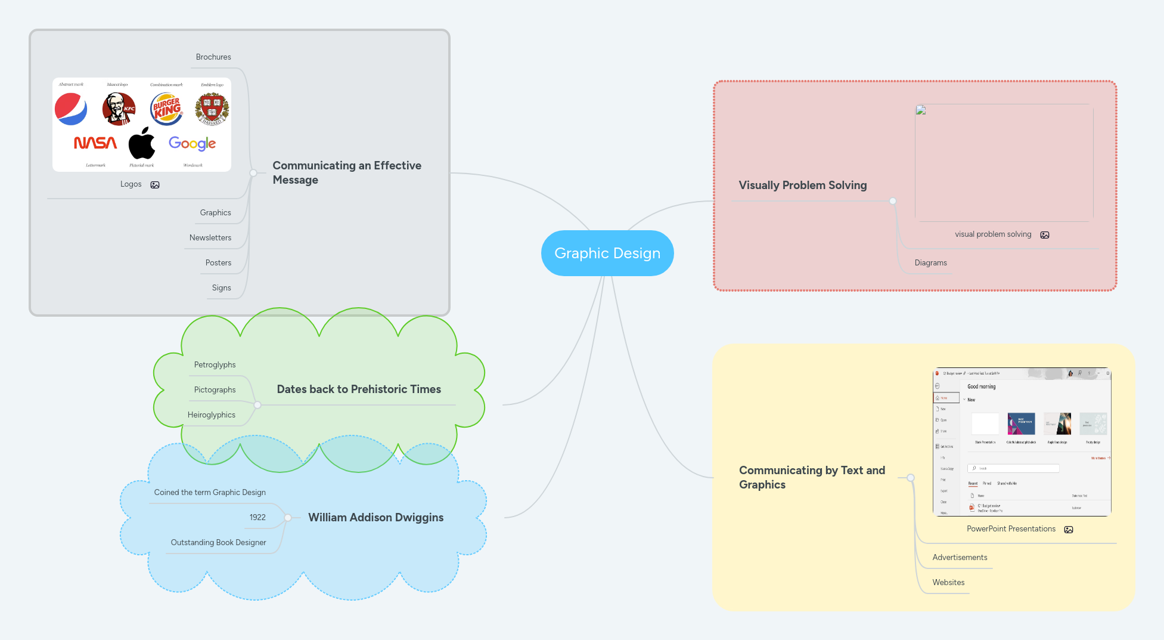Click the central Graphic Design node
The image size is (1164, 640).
click(x=607, y=253)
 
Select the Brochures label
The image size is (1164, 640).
click(x=213, y=57)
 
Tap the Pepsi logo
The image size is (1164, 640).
click(x=71, y=109)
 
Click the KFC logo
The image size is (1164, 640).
click(x=119, y=109)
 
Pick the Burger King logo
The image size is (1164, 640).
click(x=166, y=109)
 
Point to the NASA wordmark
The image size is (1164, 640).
click(x=95, y=143)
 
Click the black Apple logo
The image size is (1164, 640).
click(x=142, y=143)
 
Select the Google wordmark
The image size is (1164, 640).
click(x=192, y=143)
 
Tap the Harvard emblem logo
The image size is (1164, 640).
click(x=212, y=109)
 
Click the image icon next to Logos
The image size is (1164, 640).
click(x=155, y=185)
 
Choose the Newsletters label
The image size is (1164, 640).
click(x=210, y=238)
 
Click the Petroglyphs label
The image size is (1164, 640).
click(x=215, y=365)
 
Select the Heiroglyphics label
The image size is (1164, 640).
click(x=211, y=415)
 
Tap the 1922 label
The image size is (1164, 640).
click(x=257, y=518)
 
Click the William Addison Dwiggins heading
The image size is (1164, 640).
click(x=375, y=518)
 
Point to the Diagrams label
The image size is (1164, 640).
click(x=930, y=263)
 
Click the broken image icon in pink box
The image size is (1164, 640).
click(x=921, y=110)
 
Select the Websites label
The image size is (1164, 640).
click(x=948, y=583)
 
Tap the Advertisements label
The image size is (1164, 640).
click(x=960, y=558)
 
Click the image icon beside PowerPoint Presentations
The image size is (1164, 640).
click(x=1069, y=530)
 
